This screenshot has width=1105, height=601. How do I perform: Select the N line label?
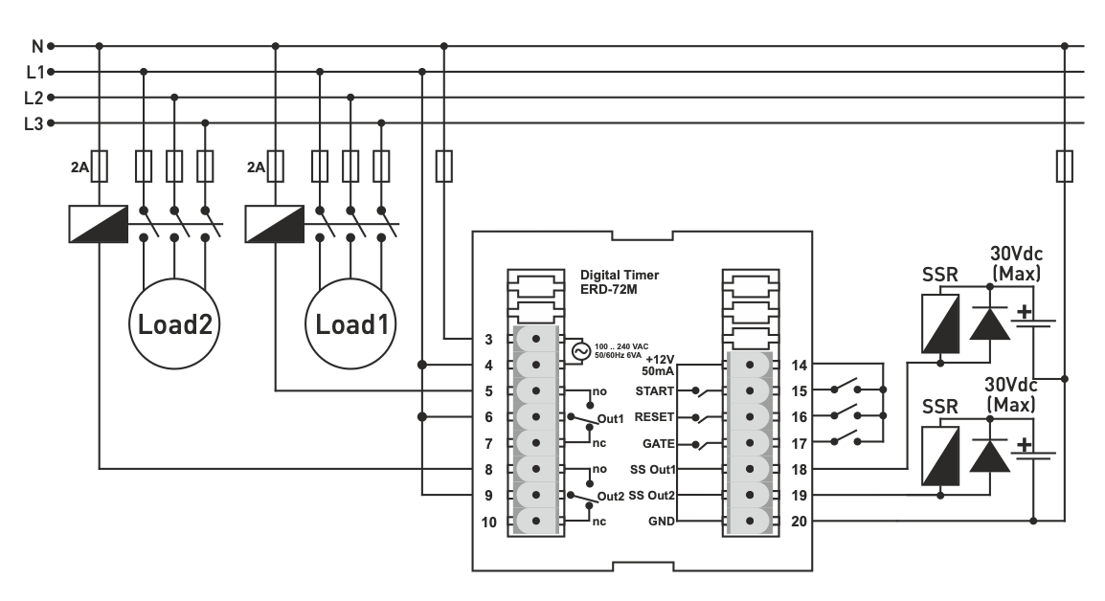click(37, 45)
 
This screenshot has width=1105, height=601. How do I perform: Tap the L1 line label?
click(34, 71)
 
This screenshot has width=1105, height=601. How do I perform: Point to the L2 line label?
click(34, 97)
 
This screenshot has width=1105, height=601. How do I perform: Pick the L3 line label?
click(34, 122)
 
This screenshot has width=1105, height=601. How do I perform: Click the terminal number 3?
click(488, 340)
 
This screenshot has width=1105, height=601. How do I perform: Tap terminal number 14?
click(801, 366)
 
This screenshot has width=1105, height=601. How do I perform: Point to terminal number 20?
click(801, 522)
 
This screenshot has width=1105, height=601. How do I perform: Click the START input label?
click(656, 391)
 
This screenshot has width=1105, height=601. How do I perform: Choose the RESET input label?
click(656, 417)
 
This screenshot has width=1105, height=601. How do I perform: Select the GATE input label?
click(659, 443)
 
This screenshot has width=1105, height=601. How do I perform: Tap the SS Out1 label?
click(653, 469)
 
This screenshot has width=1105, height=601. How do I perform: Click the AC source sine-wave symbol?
click(579, 351)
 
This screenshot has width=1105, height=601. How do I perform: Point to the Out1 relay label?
click(612, 419)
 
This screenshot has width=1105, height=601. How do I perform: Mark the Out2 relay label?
click(612, 497)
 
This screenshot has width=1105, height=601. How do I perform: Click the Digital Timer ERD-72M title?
click(620, 280)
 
